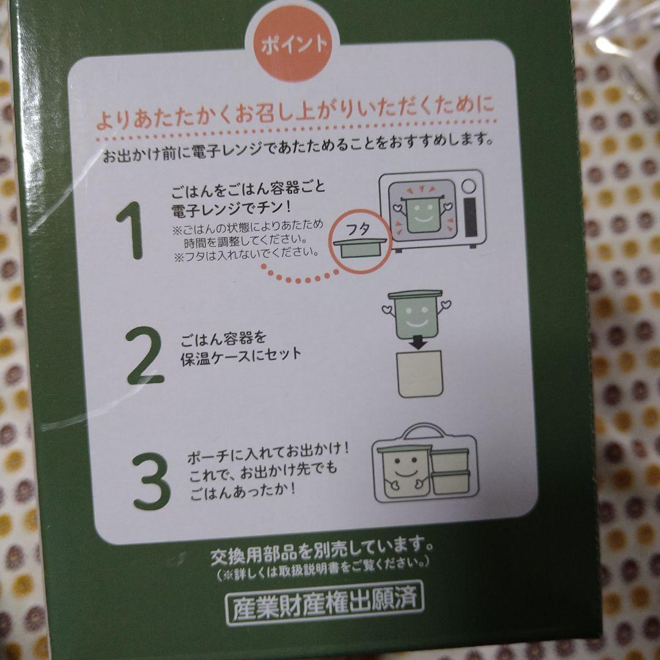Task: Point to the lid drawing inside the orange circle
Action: tap(359, 249)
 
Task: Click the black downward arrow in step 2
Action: tap(418, 344)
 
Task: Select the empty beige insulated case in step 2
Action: tap(419, 373)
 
